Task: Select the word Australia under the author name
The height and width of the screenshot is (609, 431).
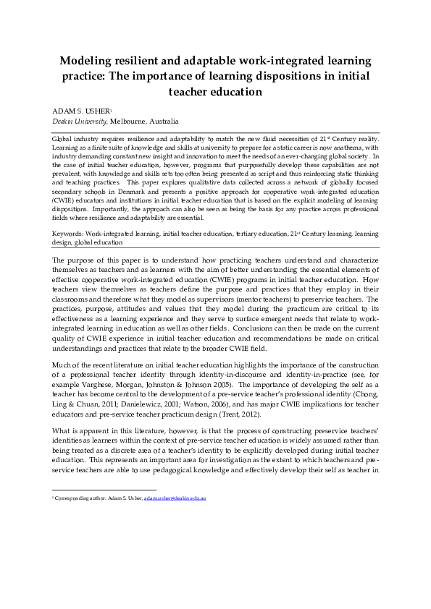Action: (x=165, y=122)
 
